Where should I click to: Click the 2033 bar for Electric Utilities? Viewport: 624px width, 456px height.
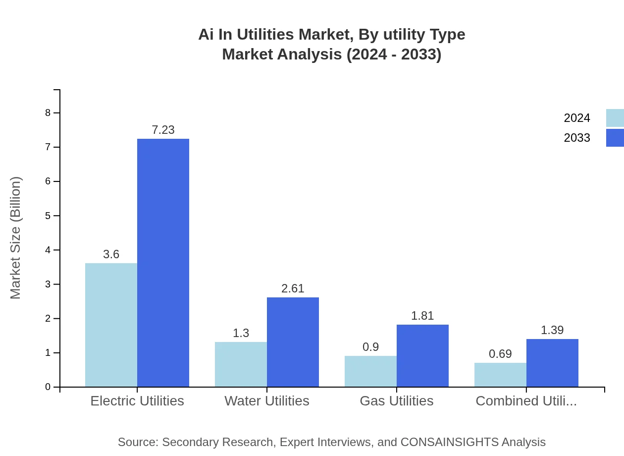(163, 263)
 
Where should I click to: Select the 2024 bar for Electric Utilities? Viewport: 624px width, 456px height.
(111, 325)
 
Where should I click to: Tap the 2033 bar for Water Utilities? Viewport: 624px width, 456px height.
(293, 342)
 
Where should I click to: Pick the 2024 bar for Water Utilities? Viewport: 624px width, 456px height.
(241, 364)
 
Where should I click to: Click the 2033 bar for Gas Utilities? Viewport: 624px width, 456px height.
(422, 355)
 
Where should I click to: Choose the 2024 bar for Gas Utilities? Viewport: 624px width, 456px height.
(370, 371)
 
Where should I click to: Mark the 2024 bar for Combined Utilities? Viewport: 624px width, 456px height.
(500, 375)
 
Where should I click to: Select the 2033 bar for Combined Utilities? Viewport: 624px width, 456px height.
(552, 363)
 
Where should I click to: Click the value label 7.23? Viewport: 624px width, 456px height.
(163, 130)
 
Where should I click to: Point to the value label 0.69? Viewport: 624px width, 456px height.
(500, 354)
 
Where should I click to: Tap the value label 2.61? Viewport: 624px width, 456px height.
(293, 288)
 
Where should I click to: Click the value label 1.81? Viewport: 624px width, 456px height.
(422, 316)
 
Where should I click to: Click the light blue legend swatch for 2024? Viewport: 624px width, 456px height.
(615, 118)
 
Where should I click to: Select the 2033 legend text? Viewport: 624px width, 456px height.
(577, 138)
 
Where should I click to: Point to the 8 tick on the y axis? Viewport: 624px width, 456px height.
(48, 113)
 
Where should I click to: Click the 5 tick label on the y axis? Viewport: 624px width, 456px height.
(48, 216)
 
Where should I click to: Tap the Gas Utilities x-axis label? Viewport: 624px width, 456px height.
(396, 400)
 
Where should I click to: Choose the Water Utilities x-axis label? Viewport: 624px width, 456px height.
(266, 400)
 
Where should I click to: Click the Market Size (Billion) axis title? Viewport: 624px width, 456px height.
(15, 238)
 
